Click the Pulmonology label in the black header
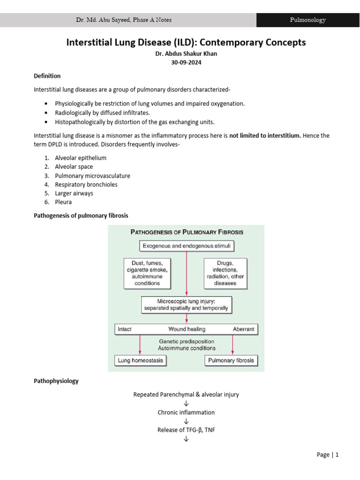[x=307, y=20]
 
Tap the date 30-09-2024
[x=186, y=62]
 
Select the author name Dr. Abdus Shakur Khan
[x=186, y=53]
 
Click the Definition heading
[x=47, y=76]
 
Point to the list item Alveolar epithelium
[x=80, y=158]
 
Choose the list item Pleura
[x=63, y=202]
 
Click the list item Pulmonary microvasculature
[x=92, y=176]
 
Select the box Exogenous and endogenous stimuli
[x=186, y=246]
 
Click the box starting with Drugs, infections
[x=225, y=273]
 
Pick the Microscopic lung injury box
[x=186, y=305]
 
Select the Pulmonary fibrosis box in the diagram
[x=232, y=360]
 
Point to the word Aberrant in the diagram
[x=243, y=329]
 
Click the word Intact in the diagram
[x=125, y=329]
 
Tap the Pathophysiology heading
[x=56, y=381]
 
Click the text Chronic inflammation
[x=186, y=412]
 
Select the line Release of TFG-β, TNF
[x=186, y=430]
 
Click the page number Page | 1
[x=327, y=455]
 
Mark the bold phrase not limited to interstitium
[x=265, y=135]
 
